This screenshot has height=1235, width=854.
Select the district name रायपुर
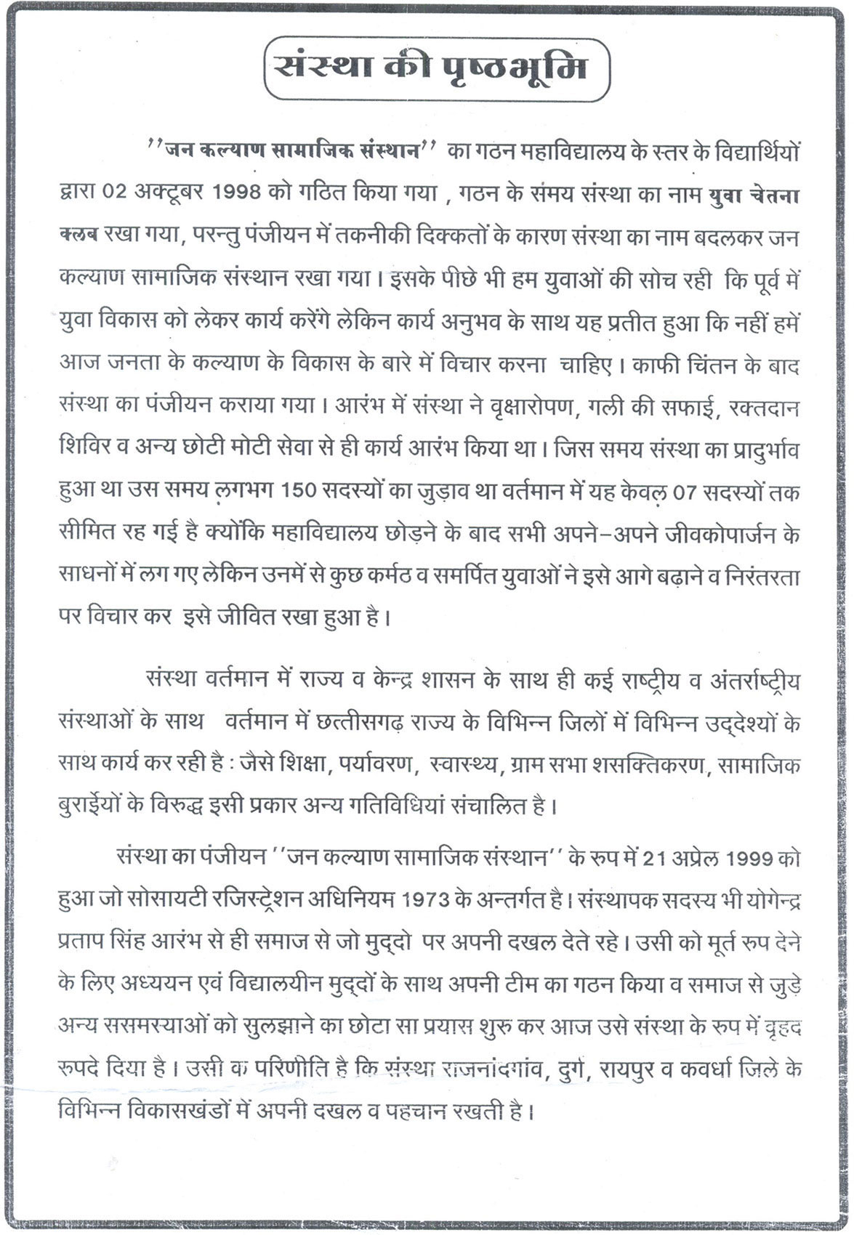click(645, 1070)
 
